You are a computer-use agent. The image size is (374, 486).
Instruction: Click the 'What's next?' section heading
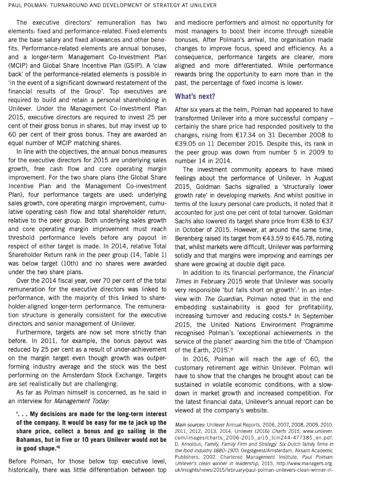[x=195, y=96]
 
